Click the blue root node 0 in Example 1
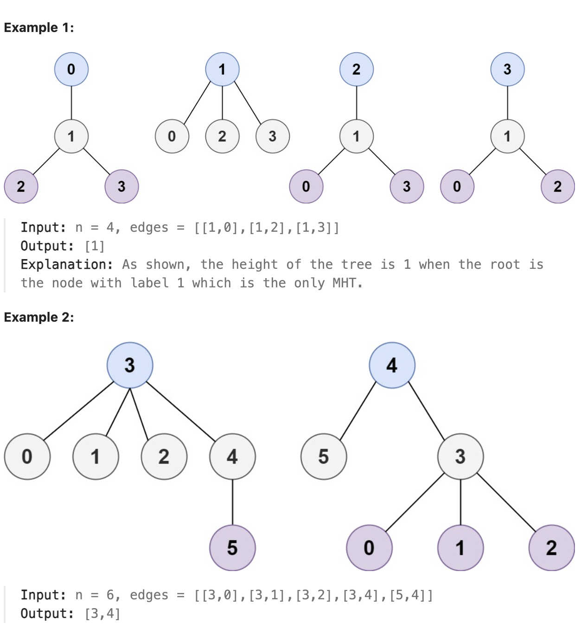pos(71,70)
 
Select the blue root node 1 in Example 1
pos(223,70)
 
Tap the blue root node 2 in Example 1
pos(357,70)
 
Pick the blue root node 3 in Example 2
pos(130,365)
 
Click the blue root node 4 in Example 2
pos(392,365)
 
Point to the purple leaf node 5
pos(232,548)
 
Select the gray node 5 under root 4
pos(324,457)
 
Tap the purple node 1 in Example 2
pos(460,548)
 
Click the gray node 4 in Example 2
pos(232,457)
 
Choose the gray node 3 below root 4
pos(460,457)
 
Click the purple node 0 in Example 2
pos(369,548)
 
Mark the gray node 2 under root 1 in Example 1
pos(223,136)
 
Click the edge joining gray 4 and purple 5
pos(232,502)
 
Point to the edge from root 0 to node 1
pos(71,103)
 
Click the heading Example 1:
pos(39,28)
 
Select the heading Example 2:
pos(39,317)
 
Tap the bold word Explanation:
pos(67,265)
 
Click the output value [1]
pos(95,246)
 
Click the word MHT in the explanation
pos(345,283)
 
